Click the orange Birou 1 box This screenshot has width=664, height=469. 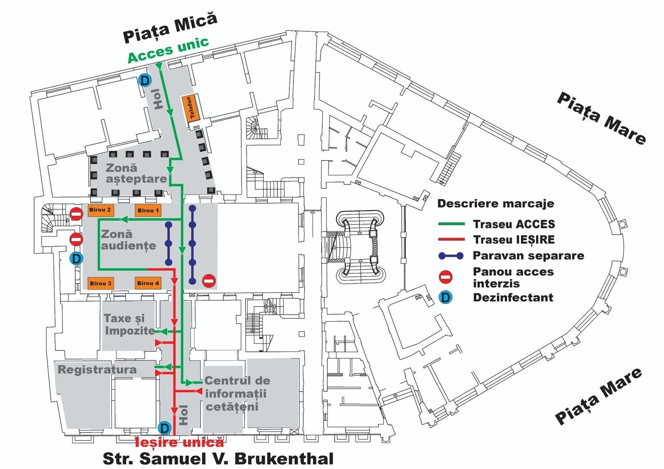pyautogui.click(x=148, y=211)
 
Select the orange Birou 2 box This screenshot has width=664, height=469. pyautogui.click(x=100, y=210)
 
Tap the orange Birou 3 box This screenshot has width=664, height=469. pyautogui.click(x=100, y=284)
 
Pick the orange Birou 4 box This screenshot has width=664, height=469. pyautogui.click(x=148, y=283)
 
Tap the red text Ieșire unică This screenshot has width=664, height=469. pyautogui.click(x=180, y=443)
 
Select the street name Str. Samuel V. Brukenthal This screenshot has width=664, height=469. pyautogui.click(x=218, y=459)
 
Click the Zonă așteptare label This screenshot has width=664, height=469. pyautogui.click(x=136, y=173)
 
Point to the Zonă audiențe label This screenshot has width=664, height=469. pyautogui.click(x=128, y=240)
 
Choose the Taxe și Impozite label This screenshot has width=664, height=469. pyautogui.click(x=129, y=324)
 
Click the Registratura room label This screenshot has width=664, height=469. pyautogui.click(x=97, y=370)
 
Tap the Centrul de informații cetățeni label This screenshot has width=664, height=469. pyautogui.click(x=237, y=393)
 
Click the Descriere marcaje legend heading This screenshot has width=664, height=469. pyautogui.click(x=495, y=203)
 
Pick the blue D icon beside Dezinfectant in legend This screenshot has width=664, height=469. pyautogui.click(x=445, y=297)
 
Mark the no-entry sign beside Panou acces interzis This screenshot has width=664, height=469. pyautogui.click(x=446, y=277)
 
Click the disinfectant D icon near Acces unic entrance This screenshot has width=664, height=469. pyautogui.click(x=145, y=80)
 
